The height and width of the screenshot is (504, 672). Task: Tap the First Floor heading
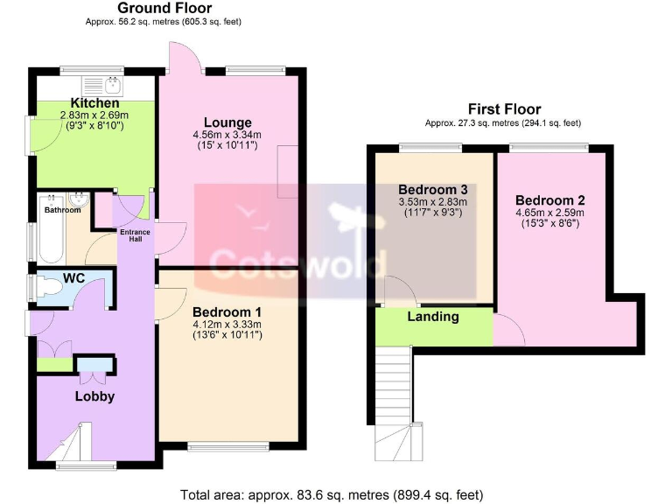click(503, 109)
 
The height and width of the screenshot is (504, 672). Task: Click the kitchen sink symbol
click(111, 85)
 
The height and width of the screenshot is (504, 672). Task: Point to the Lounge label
click(227, 122)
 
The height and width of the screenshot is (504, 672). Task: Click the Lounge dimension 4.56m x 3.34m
click(227, 135)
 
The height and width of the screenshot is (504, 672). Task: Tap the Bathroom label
click(62, 210)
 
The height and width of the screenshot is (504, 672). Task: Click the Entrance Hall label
click(135, 235)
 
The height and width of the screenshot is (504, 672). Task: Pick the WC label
click(73, 282)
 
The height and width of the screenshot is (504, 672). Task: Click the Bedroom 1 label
click(227, 311)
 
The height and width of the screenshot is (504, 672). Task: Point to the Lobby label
click(94, 395)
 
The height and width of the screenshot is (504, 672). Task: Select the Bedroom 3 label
click(432, 189)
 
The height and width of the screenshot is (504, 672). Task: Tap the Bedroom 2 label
click(549, 199)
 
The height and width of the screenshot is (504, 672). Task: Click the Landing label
click(432, 317)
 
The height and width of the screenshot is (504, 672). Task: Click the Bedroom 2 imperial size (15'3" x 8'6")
click(549, 223)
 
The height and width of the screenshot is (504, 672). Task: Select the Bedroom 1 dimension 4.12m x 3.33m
click(227, 324)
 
